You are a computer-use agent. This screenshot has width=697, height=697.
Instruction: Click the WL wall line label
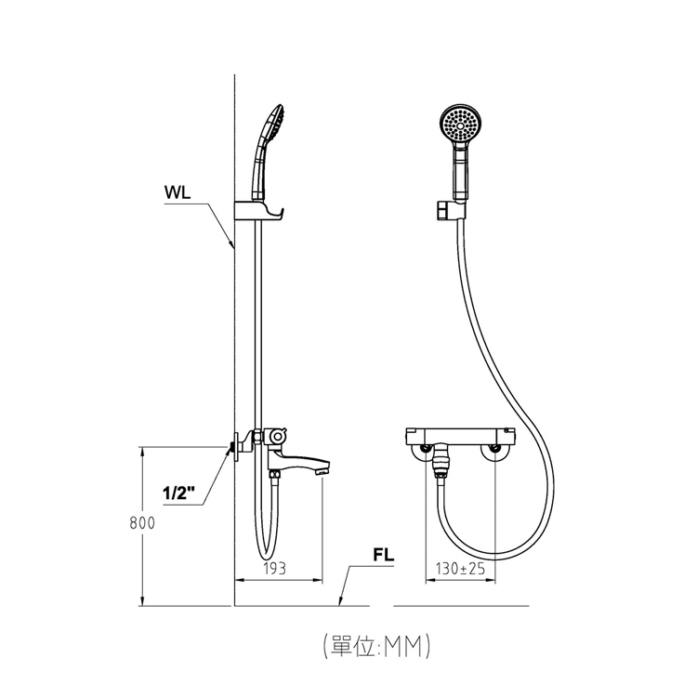(178, 193)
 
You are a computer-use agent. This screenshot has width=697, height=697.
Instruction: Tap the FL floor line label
(384, 555)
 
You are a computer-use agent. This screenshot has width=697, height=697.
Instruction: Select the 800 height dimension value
(142, 523)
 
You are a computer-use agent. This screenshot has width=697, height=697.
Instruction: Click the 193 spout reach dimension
(275, 569)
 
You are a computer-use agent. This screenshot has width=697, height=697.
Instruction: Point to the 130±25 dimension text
(460, 569)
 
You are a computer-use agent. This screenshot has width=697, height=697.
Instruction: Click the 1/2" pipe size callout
(179, 493)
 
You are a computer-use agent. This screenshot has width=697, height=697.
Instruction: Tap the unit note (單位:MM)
(376, 646)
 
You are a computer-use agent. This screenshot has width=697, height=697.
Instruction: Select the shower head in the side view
(269, 151)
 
